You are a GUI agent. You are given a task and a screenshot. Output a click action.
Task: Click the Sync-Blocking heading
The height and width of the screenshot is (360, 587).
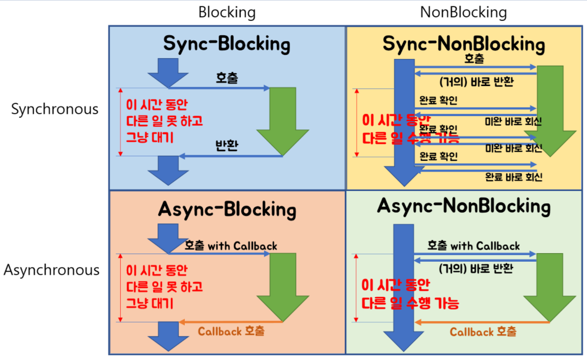[x=227, y=44]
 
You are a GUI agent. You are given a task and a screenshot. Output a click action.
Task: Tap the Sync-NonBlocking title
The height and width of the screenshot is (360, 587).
[x=463, y=44]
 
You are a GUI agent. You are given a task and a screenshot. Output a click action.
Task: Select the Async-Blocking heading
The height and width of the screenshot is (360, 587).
[x=227, y=209]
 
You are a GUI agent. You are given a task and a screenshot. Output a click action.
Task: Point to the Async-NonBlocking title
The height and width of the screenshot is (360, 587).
[x=464, y=206]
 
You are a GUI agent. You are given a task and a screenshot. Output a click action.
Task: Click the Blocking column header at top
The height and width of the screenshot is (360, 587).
[x=227, y=12]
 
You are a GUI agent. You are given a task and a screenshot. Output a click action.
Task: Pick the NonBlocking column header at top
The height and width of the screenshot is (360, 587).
[x=463, y=12]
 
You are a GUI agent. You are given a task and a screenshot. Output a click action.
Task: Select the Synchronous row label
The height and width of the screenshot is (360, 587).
[x=55, y=109]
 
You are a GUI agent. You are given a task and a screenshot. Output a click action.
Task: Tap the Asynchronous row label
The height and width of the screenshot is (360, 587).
[x=51, y=270]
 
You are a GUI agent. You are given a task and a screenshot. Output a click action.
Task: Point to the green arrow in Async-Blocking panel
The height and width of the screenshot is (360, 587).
[x=283, y=285]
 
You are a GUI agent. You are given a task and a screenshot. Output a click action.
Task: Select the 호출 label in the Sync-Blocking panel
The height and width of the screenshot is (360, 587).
[x=227, y=78]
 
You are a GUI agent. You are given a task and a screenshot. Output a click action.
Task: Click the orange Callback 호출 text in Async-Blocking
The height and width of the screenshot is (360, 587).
[x=231, y=331]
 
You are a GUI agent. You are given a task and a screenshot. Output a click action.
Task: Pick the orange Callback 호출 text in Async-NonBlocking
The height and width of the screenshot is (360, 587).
[x=483, y=332]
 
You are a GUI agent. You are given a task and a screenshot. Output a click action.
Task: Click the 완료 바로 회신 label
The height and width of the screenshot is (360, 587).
[x=513, y=177]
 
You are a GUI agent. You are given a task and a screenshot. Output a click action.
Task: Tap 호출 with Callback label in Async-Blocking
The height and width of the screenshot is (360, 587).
[x=232, y=246]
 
